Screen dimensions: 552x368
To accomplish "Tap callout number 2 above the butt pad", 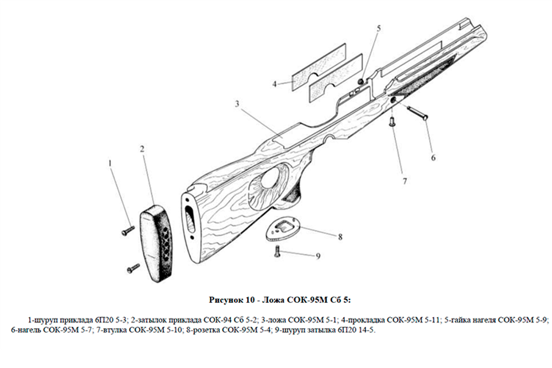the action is [142, 149].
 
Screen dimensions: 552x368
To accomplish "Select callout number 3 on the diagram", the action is [236, 103].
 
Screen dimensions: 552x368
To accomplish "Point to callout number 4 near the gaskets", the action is [274, 84].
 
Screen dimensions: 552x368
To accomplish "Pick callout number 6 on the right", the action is [433, 157].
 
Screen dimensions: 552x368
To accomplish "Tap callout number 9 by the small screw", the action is [318, 256].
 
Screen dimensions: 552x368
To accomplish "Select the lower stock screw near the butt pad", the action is [132, 269].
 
